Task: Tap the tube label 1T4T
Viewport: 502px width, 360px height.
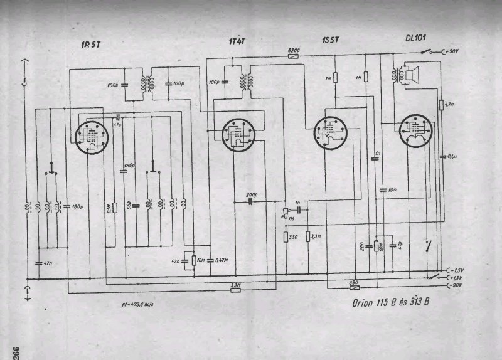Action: tap(236, 41)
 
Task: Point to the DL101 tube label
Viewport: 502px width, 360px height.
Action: tap(410, 38)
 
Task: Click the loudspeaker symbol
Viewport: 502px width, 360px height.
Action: tap(410, 75)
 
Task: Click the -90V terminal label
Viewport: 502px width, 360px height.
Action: tap(461, 286)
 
